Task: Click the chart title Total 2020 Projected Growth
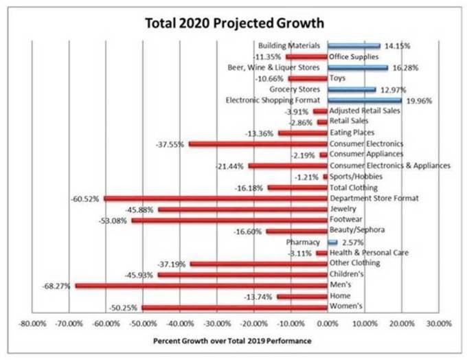(x=233, y=23)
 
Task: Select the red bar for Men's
(x=201, y=285)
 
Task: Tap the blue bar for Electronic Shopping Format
(x=364, y=100)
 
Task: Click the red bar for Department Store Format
(x=216, y=199)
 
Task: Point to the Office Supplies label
(x=354, y=57)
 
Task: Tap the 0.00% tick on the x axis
(x=328, y=322)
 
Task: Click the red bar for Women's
(x=235, y=307)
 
